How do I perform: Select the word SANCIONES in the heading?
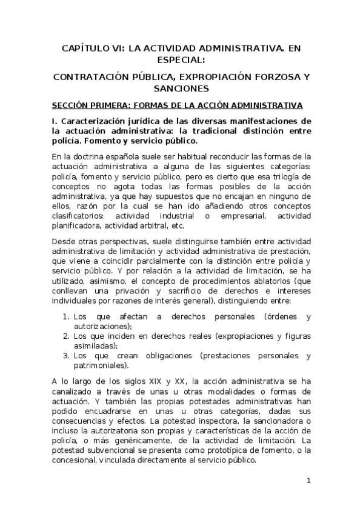click(181, 88)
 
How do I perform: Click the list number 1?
click(65, 317)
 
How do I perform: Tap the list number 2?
click(65, 336)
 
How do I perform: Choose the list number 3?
click(65, 356)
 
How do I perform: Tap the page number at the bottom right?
click(308, 481)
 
